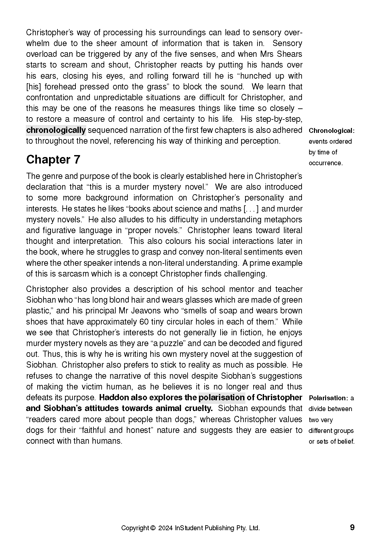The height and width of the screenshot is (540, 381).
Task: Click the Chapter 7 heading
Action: click(x=53, y=160)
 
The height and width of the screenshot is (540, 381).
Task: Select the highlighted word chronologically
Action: click(x=56, y=130)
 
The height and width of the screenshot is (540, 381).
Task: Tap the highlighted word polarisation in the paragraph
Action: click(x=222, y=398)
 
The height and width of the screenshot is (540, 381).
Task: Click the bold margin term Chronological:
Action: click(x=331, y=131)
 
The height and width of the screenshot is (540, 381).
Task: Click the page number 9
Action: click(x=352, y=528)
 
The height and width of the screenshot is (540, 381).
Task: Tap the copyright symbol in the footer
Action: click(x=153, y=528)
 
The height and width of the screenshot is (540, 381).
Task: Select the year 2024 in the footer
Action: click(x=166, y=528)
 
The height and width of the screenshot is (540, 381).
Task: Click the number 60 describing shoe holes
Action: click(x=144, y=322)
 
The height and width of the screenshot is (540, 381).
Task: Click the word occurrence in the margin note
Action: click(x=325, y=163)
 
